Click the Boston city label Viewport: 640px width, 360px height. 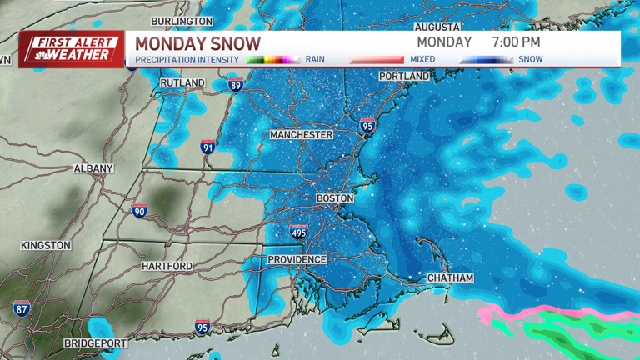[x=335, y=198]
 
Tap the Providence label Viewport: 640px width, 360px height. [x=297, y=260]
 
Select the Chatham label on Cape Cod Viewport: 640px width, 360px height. [x=450, y=277]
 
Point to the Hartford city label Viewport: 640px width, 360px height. [x=167, y=266]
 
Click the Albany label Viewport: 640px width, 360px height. [x=93, y=168]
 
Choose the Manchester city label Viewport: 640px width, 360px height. [x=301, y=134]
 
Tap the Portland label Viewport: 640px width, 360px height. [x=404, y=77]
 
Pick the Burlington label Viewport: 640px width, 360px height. [x=182, y=21]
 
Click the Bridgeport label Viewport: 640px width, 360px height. [x=96, y=343]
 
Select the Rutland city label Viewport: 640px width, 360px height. [x=182, y=83]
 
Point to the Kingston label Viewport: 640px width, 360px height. [x=46, y=246]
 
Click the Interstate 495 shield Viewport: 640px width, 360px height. [x=298, y=232]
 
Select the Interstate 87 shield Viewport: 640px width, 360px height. [x=22, y=308]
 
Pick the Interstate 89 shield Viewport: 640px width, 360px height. [x=236, y=84]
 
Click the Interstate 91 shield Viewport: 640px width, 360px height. [x=208, y=147]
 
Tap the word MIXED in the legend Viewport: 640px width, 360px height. [x=417, y=60]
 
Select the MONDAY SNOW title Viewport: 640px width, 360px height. [x=197, y=43]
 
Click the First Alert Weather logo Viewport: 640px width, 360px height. [x=72, y=49]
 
